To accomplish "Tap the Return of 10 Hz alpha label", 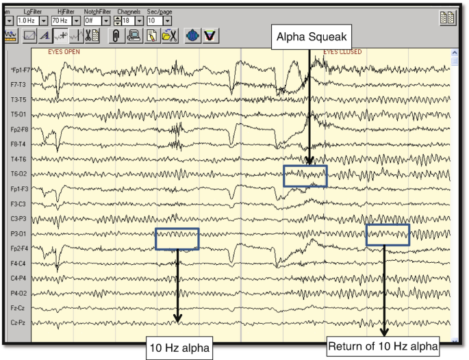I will (x=383, y=347).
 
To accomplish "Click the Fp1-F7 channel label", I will (x=18, y=70).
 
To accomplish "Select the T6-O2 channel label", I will (x=18, y=174).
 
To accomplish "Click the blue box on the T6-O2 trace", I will (x=305, y=176).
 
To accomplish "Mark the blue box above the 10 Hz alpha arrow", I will (x=177, y=238).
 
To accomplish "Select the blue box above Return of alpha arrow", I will (x=388, y=235).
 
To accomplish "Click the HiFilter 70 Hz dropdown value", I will (x=61, y=21).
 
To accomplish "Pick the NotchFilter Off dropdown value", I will (x=92, y=21).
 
